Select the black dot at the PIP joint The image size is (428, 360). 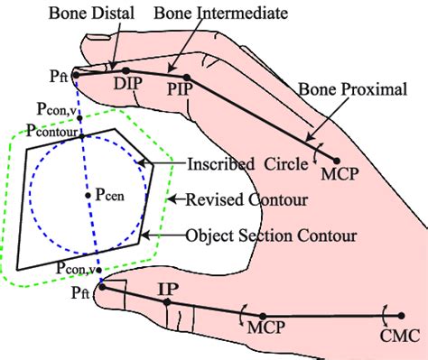[187, 78]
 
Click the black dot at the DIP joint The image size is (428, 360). [126, 70]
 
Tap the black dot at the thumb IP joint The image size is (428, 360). [167, 301]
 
